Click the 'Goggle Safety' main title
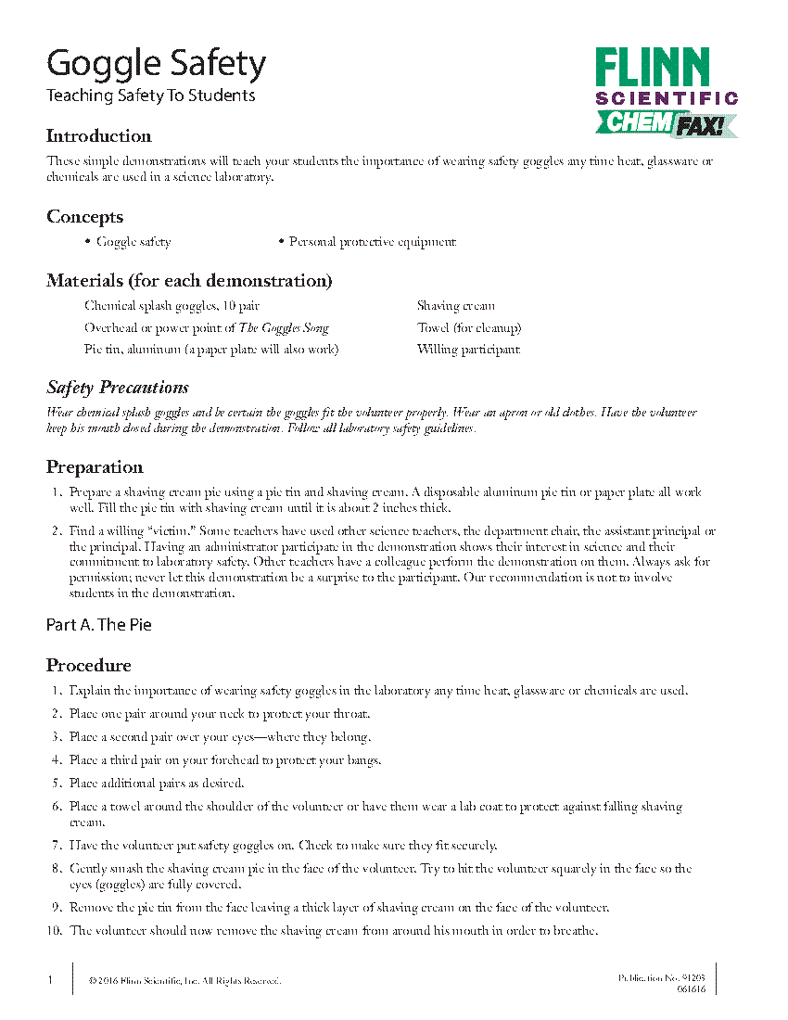point(156,65)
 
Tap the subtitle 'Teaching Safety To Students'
point(150,96)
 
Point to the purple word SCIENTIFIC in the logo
point(667,98)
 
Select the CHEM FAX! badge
point(665,123)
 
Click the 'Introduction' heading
point(98,136)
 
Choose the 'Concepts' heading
point(84,217)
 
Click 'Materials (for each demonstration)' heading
point(189,281)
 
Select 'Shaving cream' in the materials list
point(456,306)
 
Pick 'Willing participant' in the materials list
point(468,350)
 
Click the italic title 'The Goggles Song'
point(284,328)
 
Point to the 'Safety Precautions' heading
point(118,388)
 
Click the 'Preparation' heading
point(95,467)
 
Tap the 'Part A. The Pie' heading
point(98,625)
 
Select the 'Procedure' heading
point(89,666)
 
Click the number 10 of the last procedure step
point(55,931)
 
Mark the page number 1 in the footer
point(50,980)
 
